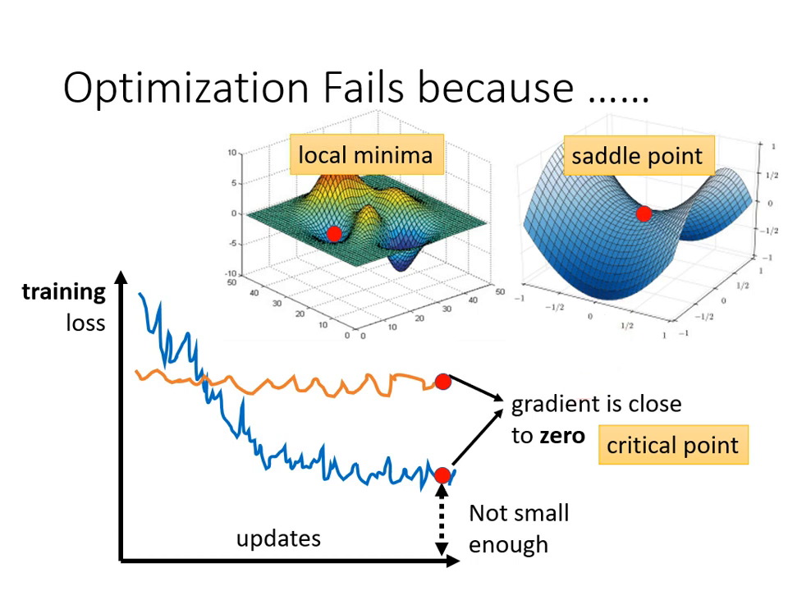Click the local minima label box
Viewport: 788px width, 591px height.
(x=365, y=154)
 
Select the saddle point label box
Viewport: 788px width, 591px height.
(x=637, y=156)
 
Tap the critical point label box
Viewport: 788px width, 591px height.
(x=672, y=446)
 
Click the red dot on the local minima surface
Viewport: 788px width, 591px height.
(x=333, y=234)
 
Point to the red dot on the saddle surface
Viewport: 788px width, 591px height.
(x=644, y=214)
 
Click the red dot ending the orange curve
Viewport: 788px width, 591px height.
(x=442, y=381)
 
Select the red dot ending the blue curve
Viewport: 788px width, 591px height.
(x=442, y=474)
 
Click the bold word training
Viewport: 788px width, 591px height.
(x=64, y=291)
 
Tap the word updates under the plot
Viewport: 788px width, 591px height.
(x=278, y=538)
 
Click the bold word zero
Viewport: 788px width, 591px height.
(x=561, y=435)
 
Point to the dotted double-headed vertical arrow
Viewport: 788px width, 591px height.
(x=442, y=521)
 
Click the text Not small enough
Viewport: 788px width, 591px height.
(x=518, y=528)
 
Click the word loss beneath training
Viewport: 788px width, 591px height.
(x=85, y=323)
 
